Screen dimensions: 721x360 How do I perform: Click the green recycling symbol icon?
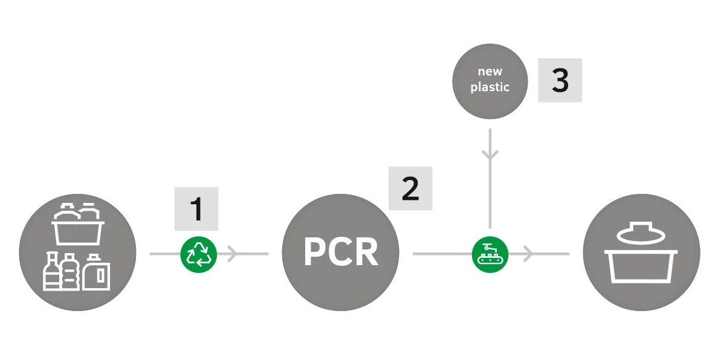coord(198,254)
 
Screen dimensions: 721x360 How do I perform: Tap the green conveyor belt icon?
coord(490,254)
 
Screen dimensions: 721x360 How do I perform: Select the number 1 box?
coord(196,209)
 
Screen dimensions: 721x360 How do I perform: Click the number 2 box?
coord(410,188)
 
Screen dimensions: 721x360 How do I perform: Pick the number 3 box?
coord(560,80)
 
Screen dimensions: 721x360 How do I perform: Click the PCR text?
coord(341,252)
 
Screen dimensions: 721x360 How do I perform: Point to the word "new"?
coord(490,72)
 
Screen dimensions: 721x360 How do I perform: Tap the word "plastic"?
coord(490,88)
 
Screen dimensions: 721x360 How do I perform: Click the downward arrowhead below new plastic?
coord(490,155)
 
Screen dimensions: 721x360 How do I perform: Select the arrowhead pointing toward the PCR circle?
coord(231,254)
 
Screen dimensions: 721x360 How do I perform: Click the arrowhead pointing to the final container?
coord(528,254)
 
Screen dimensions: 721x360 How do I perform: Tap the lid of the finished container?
coord(641,234)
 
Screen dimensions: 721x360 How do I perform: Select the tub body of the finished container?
coord(641,266)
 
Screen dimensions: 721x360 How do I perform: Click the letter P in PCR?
coord(314,252)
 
